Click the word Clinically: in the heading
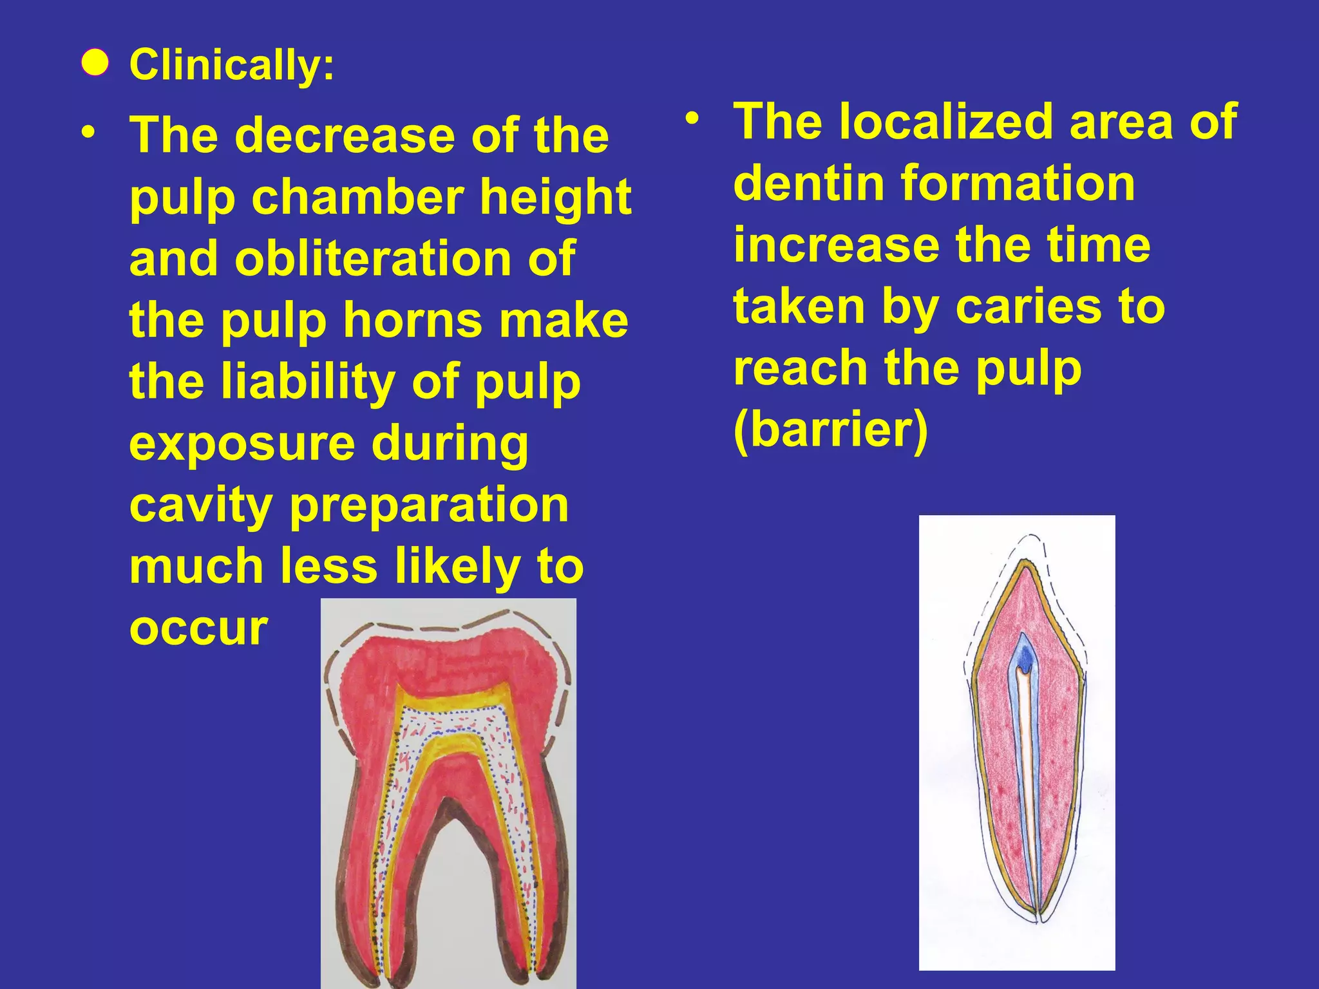click(x=232, y=65)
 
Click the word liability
click(x=308, y=381)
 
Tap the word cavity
click(x=201, y=505)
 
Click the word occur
click(x=198, y=628)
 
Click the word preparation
click(x=430, y=505)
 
